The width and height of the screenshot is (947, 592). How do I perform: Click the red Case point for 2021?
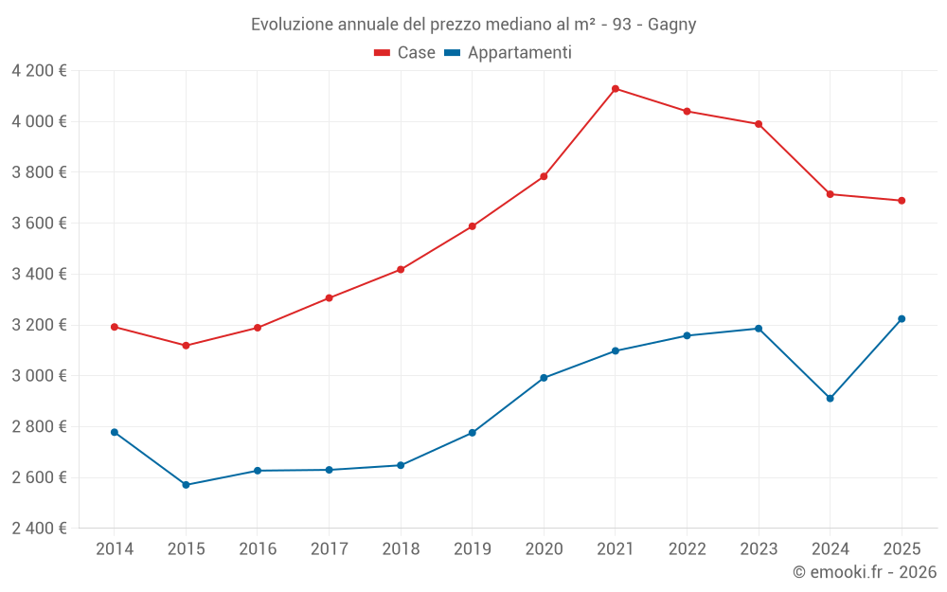(x=616, y=89)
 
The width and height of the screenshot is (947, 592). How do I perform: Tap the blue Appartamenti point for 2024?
(x=831, y=398)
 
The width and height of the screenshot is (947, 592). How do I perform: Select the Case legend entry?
(x=405, y=53)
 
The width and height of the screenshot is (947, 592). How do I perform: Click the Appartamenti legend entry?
(x=509, y=53)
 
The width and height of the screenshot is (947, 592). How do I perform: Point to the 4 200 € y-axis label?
(x=39, y=71)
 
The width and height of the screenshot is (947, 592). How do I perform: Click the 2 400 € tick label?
(x=39, y=529)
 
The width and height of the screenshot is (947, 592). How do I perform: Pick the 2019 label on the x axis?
(x=472, y=549)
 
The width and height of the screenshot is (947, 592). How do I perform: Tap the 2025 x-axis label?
(x=902, y=549)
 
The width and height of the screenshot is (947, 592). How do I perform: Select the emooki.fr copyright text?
(x=865, y=572)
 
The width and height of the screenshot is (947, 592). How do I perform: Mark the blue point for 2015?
(x=186, y=485)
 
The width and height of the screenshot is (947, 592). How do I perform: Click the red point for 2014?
(x=115, y=327)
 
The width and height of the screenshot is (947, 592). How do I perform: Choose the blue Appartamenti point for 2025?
(x=902, y=319)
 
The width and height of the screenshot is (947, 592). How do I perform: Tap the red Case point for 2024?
(x=831, y=194)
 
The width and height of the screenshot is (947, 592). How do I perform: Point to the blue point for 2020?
(x=544, y=378)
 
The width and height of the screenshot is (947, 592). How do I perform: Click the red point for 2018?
(x=401, y=270)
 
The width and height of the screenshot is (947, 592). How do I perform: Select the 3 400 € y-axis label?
(x=39, y=275)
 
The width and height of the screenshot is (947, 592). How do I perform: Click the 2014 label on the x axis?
(x=115, y=549)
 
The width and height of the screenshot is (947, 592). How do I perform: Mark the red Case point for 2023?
(x=759, y=124)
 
